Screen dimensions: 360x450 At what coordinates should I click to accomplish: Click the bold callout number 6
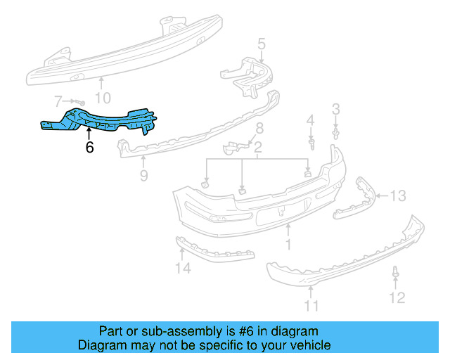(89, 148)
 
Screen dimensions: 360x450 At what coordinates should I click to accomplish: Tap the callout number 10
(103, 98)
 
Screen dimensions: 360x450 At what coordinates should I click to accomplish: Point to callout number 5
(262, 46)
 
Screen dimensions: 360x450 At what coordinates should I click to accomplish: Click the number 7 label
(58, 101)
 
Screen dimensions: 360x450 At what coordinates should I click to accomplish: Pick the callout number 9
(143, 176)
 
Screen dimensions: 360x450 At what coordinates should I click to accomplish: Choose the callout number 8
(259, 128)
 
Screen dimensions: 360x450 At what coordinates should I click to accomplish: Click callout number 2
(258, 148)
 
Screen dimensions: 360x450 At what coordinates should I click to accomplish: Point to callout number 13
(398, 195)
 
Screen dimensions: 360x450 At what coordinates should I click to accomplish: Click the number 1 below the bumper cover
(288, 245)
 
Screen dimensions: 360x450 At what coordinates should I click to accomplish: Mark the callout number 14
(183, 268)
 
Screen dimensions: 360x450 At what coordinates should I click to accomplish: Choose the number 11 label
(311, 305)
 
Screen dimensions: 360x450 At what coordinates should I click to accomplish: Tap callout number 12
(397, 298)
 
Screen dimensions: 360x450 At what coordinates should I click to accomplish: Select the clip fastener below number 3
(336, 132)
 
